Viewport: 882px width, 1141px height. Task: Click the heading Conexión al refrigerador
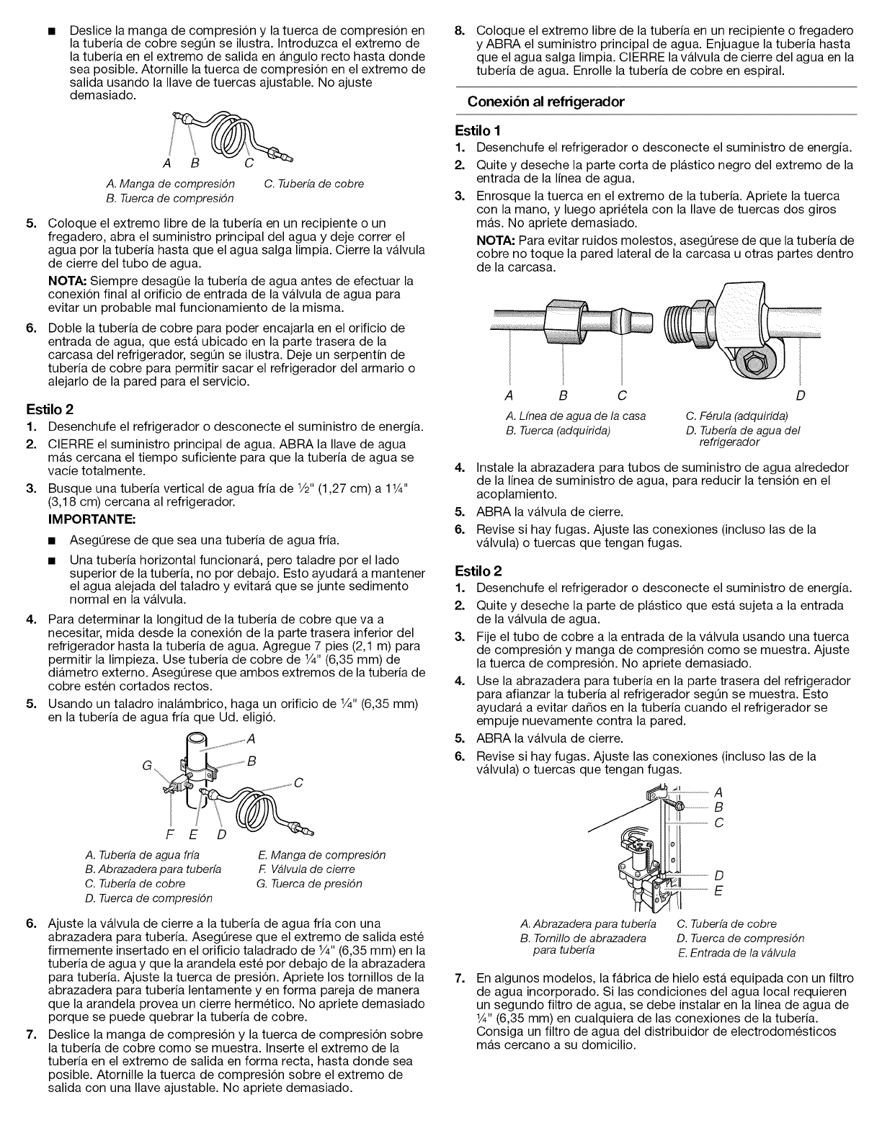545,102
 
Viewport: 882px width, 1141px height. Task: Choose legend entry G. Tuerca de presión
309,884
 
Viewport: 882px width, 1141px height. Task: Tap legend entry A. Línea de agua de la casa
576,416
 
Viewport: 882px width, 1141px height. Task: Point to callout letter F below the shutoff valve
170,836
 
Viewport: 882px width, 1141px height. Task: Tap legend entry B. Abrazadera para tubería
153,869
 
